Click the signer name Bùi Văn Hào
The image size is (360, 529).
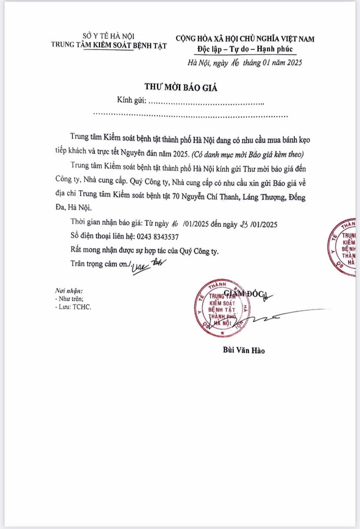click(x=244, y=351)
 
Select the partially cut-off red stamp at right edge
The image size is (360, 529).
click(x=347, y=247)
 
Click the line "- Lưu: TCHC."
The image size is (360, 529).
click(x=73, y=307)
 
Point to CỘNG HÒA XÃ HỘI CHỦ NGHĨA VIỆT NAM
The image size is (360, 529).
click(x=245, y=39)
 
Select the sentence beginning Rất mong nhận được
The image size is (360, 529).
click(x=145, y=250)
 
